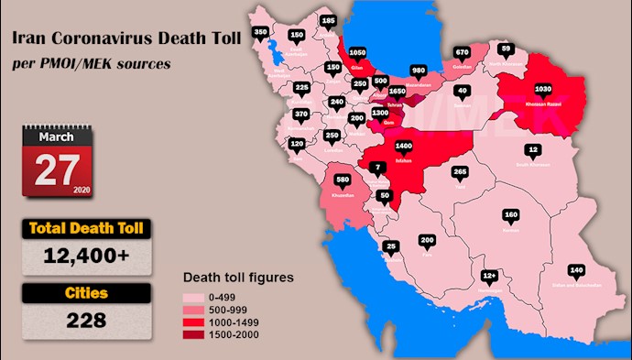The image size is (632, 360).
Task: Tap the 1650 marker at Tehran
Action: pyautogui.click(x=398, y=92)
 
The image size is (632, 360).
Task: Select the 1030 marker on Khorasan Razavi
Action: pyautogui.click(x=542, y=88)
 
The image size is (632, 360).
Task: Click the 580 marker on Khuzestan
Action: pyautogui.click(x=343, y=178)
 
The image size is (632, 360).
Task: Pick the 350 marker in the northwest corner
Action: pyautogui.click(x=261, y=32)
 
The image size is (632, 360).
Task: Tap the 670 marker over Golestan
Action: pyautogui.click(x=462, y=52)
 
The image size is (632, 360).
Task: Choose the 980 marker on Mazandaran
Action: pyautogui.click(x=419, y=71)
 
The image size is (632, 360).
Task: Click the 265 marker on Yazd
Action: pyautogui.click(x=461, y=171)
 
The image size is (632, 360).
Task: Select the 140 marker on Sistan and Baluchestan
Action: pyautogui.click(x=576, y=269)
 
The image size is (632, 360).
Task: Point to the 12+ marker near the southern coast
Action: pyautogui.click(x=490, y=275)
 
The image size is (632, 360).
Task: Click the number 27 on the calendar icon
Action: pyautogui.click(x=57, y=169)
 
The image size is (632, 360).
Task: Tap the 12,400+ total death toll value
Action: pyautogui.click(x=86, y=256)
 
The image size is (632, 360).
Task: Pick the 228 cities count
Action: pyautogui.click(x=85, y=322)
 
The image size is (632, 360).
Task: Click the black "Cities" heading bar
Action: pyautogui.click(x=85, y=294)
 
